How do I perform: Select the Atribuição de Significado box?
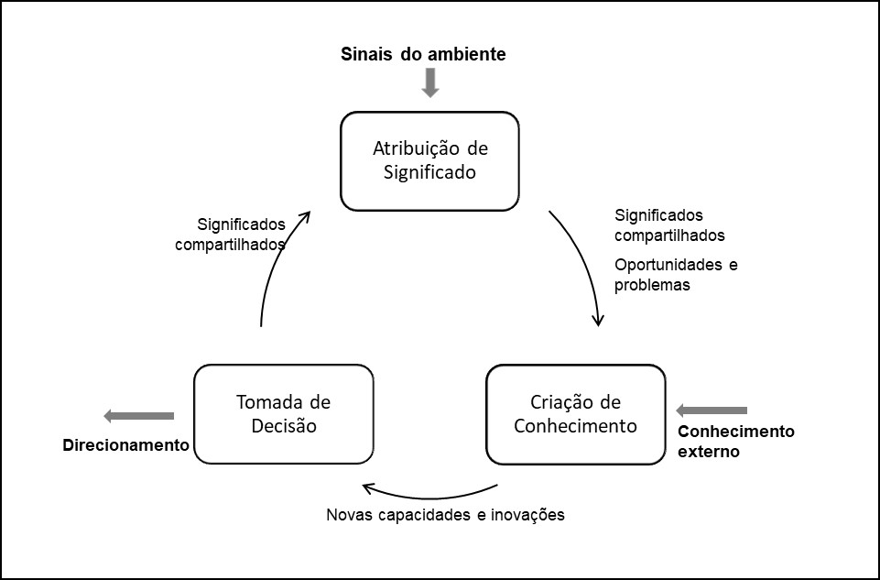pyautogui.click(x=429, y=160)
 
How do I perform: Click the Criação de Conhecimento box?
pyautogui.click(x=575, y=414)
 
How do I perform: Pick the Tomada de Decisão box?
pyautogui.click(x=284, y=414)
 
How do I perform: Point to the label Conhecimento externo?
pyautogui.click(x=735, y=441)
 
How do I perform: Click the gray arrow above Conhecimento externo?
pyautogui.click(x=711, y=410)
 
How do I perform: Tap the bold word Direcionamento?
pyautogui.click(x=125, y=445)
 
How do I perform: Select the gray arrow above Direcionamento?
pyautogui.click(x=138, y=416)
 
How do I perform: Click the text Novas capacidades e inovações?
pyautogui.click(x=445, y=514)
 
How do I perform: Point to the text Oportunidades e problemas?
pyautogui.click(x=676, y=274)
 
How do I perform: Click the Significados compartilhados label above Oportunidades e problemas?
pyautogui.click(x=669, y=225)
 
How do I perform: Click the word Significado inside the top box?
pyautogui.click(x=425, y=171)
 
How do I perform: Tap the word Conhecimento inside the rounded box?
pyautogui.click(x=575, y=425)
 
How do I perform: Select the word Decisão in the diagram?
pyautogui.click(x=283, y=425)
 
